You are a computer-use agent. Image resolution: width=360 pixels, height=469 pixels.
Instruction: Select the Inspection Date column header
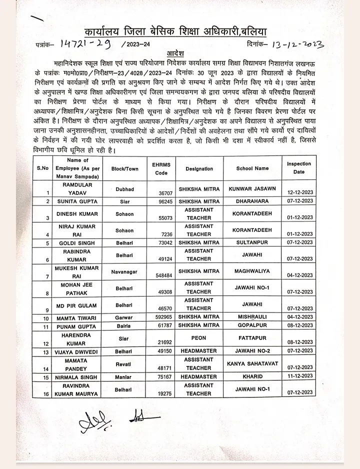tap(299, 168)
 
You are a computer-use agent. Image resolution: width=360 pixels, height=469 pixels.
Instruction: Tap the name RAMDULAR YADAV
tap(77, 188)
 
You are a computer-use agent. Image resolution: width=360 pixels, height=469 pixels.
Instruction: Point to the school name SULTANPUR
tap(252, 242)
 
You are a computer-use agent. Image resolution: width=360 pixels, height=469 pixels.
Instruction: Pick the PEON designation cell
tap(198, 338)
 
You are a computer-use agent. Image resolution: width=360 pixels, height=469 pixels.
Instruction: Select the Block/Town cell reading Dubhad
tap(124, 189)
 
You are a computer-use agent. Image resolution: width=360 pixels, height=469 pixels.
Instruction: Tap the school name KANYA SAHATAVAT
tap(252, 363)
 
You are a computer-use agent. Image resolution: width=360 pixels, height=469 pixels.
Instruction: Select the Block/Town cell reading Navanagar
tap(124, 272)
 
